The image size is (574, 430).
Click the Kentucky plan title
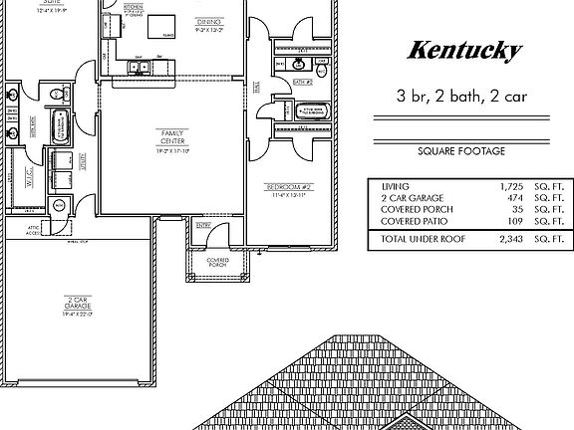pos(465,51)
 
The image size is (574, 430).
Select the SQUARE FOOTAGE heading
pos(461,151)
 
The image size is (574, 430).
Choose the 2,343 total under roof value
pos(510,239)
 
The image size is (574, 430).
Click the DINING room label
pos(208,20)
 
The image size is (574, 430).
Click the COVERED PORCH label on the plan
pos(217,263)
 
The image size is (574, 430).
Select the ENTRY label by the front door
pos(203,226)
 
